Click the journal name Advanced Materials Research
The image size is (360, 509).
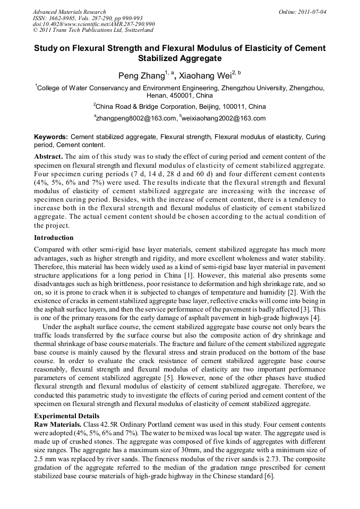[x=69, y=12]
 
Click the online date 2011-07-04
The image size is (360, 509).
[x=312, y=12]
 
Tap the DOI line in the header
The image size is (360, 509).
[x=93, y=24]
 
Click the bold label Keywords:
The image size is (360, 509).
[x=51, y=137]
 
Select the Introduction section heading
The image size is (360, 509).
[x=54, y=237]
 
